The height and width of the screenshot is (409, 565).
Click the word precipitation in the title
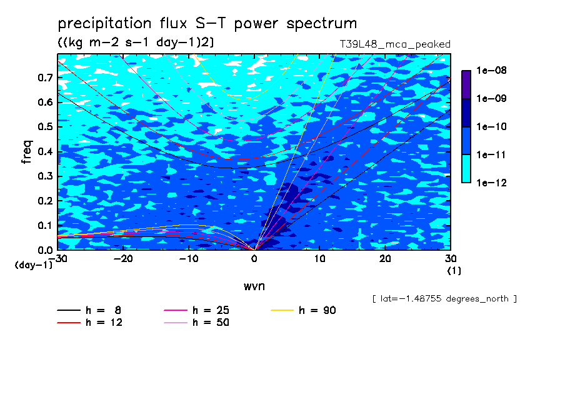click(105, 24)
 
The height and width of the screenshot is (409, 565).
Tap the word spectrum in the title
click(322, 24)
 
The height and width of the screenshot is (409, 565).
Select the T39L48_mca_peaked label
click(395, 44)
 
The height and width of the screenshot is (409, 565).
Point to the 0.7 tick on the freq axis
click(46, 78)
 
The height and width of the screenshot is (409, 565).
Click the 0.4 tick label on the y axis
click(46, 151)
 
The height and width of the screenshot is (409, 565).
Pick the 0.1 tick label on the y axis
click(46, 225)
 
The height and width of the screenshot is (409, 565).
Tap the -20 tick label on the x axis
click(123, 259)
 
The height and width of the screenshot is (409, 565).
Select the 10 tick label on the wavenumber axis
click(319, 259)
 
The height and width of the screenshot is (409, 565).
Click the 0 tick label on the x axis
click(254, 259)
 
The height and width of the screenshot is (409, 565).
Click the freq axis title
click(27, 152)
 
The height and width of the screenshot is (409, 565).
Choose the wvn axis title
click(254, 286)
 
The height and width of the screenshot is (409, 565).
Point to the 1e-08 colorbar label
click(491, 70)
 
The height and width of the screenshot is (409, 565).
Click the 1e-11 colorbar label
click(491, 155)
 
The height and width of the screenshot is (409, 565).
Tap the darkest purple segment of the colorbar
click(466, 84)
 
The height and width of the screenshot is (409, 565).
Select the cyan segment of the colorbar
click(466, 169)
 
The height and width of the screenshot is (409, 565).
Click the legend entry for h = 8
click(89, 310)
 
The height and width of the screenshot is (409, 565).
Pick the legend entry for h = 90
click(303, 310)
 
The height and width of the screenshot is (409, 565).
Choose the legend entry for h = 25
click(196, 310)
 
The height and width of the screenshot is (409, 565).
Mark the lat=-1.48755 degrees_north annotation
click(444, 299)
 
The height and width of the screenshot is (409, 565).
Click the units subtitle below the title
click(136, 43)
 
